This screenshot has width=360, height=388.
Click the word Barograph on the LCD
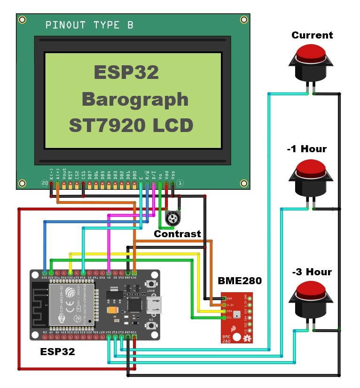(135, 99)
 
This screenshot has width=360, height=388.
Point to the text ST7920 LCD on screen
(131, 125)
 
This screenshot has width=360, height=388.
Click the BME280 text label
(240, 281)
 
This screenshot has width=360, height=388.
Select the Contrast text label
(178, 233)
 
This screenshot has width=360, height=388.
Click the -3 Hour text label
(312, 272)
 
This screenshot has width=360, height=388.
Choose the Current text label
(312, 35)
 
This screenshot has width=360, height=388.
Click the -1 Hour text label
(306, 149)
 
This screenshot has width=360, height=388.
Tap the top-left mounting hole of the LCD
(22, 20)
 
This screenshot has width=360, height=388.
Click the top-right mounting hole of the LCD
(243, 20)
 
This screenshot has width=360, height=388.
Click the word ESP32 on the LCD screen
(126, 73)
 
